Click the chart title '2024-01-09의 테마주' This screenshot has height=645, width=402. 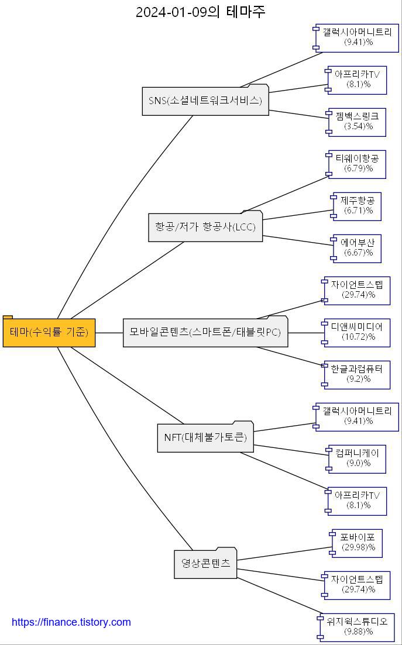point(201,12)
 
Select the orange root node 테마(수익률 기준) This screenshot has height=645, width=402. point(49,332)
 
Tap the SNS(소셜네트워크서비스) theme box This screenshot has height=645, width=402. point(205,101)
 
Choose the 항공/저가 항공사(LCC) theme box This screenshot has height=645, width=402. point(205,227)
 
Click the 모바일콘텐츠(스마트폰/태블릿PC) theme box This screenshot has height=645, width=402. point(205,332)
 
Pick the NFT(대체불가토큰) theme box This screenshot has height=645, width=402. point(205,437)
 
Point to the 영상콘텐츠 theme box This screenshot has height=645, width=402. point(205,564)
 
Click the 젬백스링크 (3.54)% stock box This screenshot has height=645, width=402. point(358,122)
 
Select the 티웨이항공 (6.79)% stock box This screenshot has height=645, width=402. point(358,164)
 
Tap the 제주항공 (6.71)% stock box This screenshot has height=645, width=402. point(358,206)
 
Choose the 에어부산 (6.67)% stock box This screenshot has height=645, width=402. point(358,248)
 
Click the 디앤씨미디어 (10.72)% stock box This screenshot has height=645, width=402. point(358,332)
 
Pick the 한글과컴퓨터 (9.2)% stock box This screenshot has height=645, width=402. point(358,374)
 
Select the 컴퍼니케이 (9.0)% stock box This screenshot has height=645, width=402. point(358,458)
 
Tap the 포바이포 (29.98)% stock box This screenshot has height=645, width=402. point(358,543)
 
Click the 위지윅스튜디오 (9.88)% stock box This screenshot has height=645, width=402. point(358,627)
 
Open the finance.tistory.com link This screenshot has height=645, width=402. point(71,622)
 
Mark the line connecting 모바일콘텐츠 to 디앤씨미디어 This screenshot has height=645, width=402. point(305,333)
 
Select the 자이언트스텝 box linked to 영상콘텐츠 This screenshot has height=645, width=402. point(358,585)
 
